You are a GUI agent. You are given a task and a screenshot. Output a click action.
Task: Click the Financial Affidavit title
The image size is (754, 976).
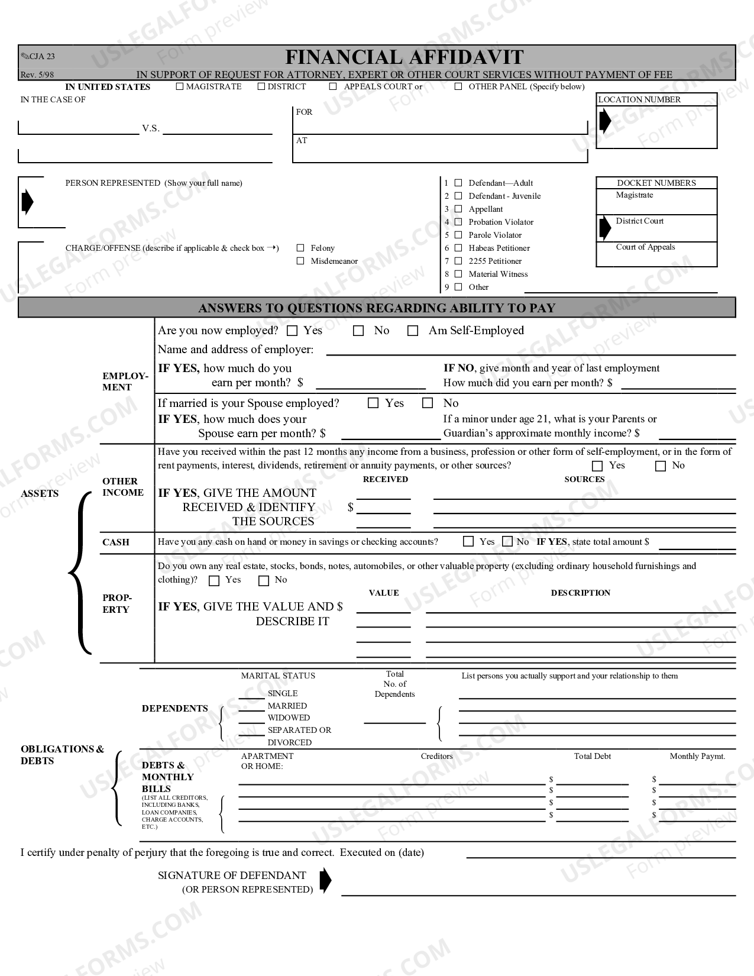click(x=404, y=57)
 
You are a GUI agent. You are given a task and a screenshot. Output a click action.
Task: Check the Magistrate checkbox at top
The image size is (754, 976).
click(x=180, y=87)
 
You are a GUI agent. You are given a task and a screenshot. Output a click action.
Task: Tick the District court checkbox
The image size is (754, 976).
click(x=261, y=87)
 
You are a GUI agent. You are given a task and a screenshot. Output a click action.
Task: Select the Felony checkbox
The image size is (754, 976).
click(x=300, y=248)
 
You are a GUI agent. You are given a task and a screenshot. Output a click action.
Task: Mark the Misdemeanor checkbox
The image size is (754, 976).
click(x=300, y=261)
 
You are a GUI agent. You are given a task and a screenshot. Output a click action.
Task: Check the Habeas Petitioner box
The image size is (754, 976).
click(x=458, y=248)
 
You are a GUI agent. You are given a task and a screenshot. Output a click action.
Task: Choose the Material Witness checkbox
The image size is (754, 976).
click(x=458, y=274)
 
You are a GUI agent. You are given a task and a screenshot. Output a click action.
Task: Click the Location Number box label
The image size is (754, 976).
click(x=639, y=99)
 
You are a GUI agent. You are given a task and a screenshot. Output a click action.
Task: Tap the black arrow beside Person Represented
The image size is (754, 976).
click(x=27, y=202)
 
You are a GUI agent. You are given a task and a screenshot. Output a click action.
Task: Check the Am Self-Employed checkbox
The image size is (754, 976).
click(x=413, y=331)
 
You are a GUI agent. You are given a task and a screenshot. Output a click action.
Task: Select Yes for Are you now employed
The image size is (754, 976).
click(x=292, y=331)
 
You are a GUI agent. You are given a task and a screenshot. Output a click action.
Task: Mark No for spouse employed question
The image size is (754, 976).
click(x=428, y=403)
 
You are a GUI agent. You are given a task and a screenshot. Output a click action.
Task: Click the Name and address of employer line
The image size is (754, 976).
click(x=530, y=351)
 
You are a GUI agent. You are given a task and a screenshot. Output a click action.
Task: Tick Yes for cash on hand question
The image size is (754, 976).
click(x=468, y=541)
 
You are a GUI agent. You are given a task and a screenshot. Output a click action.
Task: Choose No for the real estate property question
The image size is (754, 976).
click(x=264, y=580)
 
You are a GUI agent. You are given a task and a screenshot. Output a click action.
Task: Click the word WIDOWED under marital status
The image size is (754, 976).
click(x=289, y=718)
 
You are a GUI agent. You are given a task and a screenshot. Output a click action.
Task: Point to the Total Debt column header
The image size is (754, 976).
click(x=592, y=756)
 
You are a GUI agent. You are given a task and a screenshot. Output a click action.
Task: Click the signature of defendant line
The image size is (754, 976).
click(x=538, y=891)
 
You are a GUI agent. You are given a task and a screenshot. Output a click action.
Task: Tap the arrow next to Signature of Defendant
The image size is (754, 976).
click(x=325, y=880)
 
